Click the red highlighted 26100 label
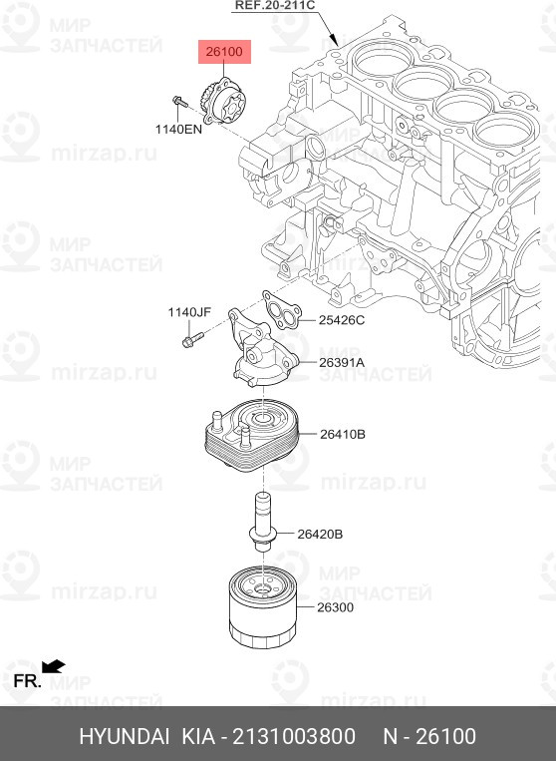[x=224, y=52]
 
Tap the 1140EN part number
[x=178, y=129]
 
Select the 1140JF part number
[x=189, y=312]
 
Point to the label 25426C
[x=341, y=320]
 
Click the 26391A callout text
[x=342, y=362]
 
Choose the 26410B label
[x=342, y=434]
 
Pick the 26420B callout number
[x=320, y=534]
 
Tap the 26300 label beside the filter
[x=336, y=607]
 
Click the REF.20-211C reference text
[x=275, y=6]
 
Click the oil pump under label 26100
[x=223, y=101]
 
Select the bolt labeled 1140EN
[x=179, y=101]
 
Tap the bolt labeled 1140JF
[x=193, y=339]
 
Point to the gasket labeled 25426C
[x=282, y=310]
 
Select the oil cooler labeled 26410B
[x=251, y=435]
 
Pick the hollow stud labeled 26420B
[x=263, y=522]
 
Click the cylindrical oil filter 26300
[x=263, y=606]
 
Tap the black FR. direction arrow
[x=54, y=666]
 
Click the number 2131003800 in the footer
[x=294, y=736]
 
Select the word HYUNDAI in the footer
[x=125, y=736]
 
